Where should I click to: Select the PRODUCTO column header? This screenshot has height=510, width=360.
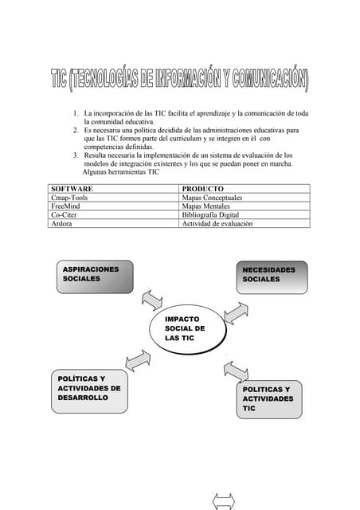(x=202, y=189)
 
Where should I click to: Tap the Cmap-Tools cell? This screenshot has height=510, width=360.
(x=70, y=198)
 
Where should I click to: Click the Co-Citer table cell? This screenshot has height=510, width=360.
(x=65, y=215)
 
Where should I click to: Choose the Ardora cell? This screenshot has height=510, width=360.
(x=62, y=224)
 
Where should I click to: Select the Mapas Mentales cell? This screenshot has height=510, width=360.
(x=208, y=206)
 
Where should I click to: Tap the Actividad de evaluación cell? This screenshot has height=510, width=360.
(x=217, y=224)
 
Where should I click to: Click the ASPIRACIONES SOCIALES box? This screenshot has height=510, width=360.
(x=92, y=278)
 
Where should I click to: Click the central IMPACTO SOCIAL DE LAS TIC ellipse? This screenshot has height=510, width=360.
(x=188, y=328)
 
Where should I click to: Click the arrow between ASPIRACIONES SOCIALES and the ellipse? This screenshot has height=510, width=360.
(x=151, y=300)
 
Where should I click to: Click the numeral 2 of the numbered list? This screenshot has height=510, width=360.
(x=75, y=129)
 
